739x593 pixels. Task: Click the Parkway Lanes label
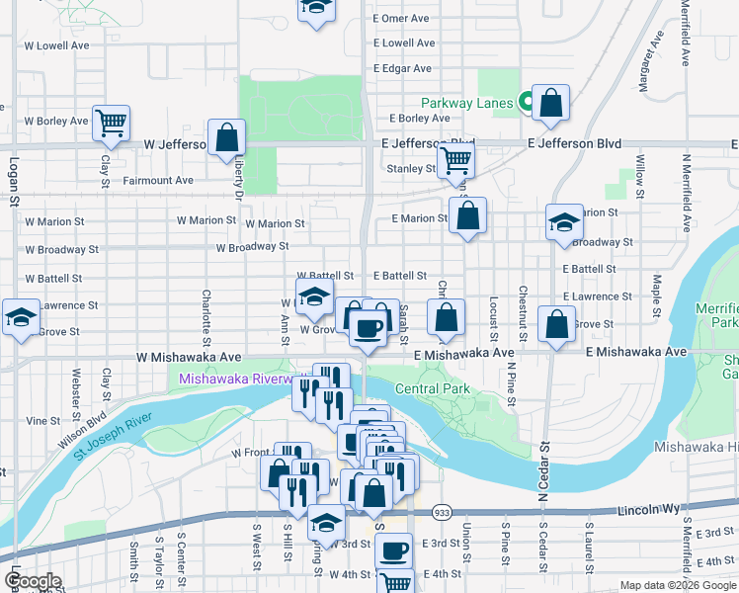pos(466,103)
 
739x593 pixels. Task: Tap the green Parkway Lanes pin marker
pos(528,100)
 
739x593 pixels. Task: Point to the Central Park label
pos(432,389)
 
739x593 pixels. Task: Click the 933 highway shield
pos(442,513)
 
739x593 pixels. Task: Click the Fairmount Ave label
pos(158,181)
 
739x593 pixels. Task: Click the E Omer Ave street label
pos(400,19)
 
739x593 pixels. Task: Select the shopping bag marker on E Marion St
pos(467,215)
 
